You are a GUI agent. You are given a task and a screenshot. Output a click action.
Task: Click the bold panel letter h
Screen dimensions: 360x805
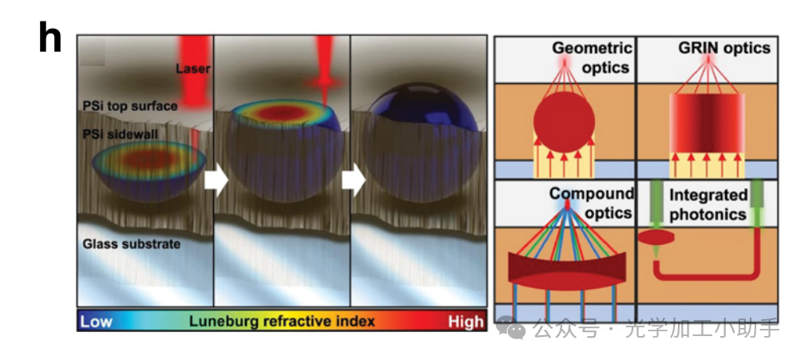click(x=50, y=38)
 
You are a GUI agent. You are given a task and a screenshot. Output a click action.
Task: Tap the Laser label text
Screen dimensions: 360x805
click(x=192, y=69)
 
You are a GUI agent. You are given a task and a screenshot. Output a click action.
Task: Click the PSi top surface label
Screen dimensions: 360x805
click(x=130, y=105)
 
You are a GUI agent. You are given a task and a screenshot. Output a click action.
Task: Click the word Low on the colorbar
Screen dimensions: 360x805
click(x=97, y=321)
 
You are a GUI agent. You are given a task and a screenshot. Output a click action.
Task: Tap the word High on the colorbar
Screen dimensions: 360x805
click(x=465, y=321)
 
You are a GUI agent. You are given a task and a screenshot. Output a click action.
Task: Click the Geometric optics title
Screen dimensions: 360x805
click(x=591, y=57)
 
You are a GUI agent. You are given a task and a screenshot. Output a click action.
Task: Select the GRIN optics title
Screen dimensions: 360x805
click(x=724, y=48)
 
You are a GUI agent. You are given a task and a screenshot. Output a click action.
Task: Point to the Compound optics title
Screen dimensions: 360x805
click(x=592, y=203)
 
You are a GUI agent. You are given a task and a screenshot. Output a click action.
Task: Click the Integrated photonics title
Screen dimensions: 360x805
click(x=708, y=204)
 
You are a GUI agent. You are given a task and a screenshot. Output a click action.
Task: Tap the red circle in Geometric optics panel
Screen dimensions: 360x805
click(x=564, y=120)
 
